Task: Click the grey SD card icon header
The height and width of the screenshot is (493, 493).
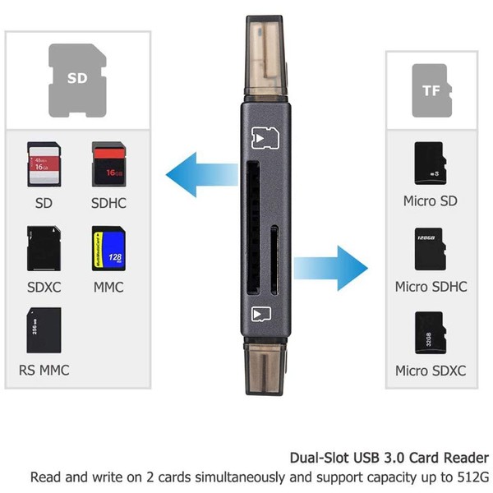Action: tap(77, 79)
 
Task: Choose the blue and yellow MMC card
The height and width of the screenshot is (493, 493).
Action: tap(108, 249)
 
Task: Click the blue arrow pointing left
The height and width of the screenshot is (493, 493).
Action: tap(198, 173)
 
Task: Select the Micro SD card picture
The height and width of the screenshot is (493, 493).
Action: tap(429, 164)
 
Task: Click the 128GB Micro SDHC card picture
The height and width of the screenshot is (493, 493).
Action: tap(429, 250)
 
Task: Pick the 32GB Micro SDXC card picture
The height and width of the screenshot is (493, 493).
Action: tap(429, 333)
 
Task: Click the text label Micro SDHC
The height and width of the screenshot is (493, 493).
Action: tap(431, 287)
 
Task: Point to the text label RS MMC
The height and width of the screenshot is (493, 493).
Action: tap(44, 370)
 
